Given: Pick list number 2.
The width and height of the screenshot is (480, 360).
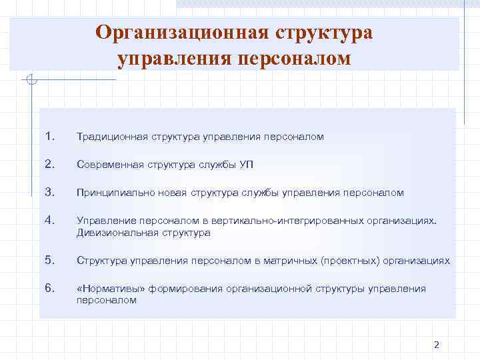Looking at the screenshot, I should coord(49,164).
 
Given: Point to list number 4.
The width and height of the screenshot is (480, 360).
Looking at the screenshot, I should coord(49,220).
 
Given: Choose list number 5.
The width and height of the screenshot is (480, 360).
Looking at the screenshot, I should coord(49,260).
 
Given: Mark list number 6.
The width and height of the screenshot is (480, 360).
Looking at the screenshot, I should coord(49,288).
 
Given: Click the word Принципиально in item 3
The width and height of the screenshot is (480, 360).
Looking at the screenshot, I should coord(111,193).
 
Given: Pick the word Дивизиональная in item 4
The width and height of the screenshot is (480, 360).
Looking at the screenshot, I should coord(113,233).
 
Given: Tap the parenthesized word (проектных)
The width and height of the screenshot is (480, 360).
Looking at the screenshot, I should coord(351,261).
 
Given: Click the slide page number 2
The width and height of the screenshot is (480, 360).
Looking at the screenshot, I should coord(437,345).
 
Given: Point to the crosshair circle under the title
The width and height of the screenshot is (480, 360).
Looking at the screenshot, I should coord(31,81).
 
